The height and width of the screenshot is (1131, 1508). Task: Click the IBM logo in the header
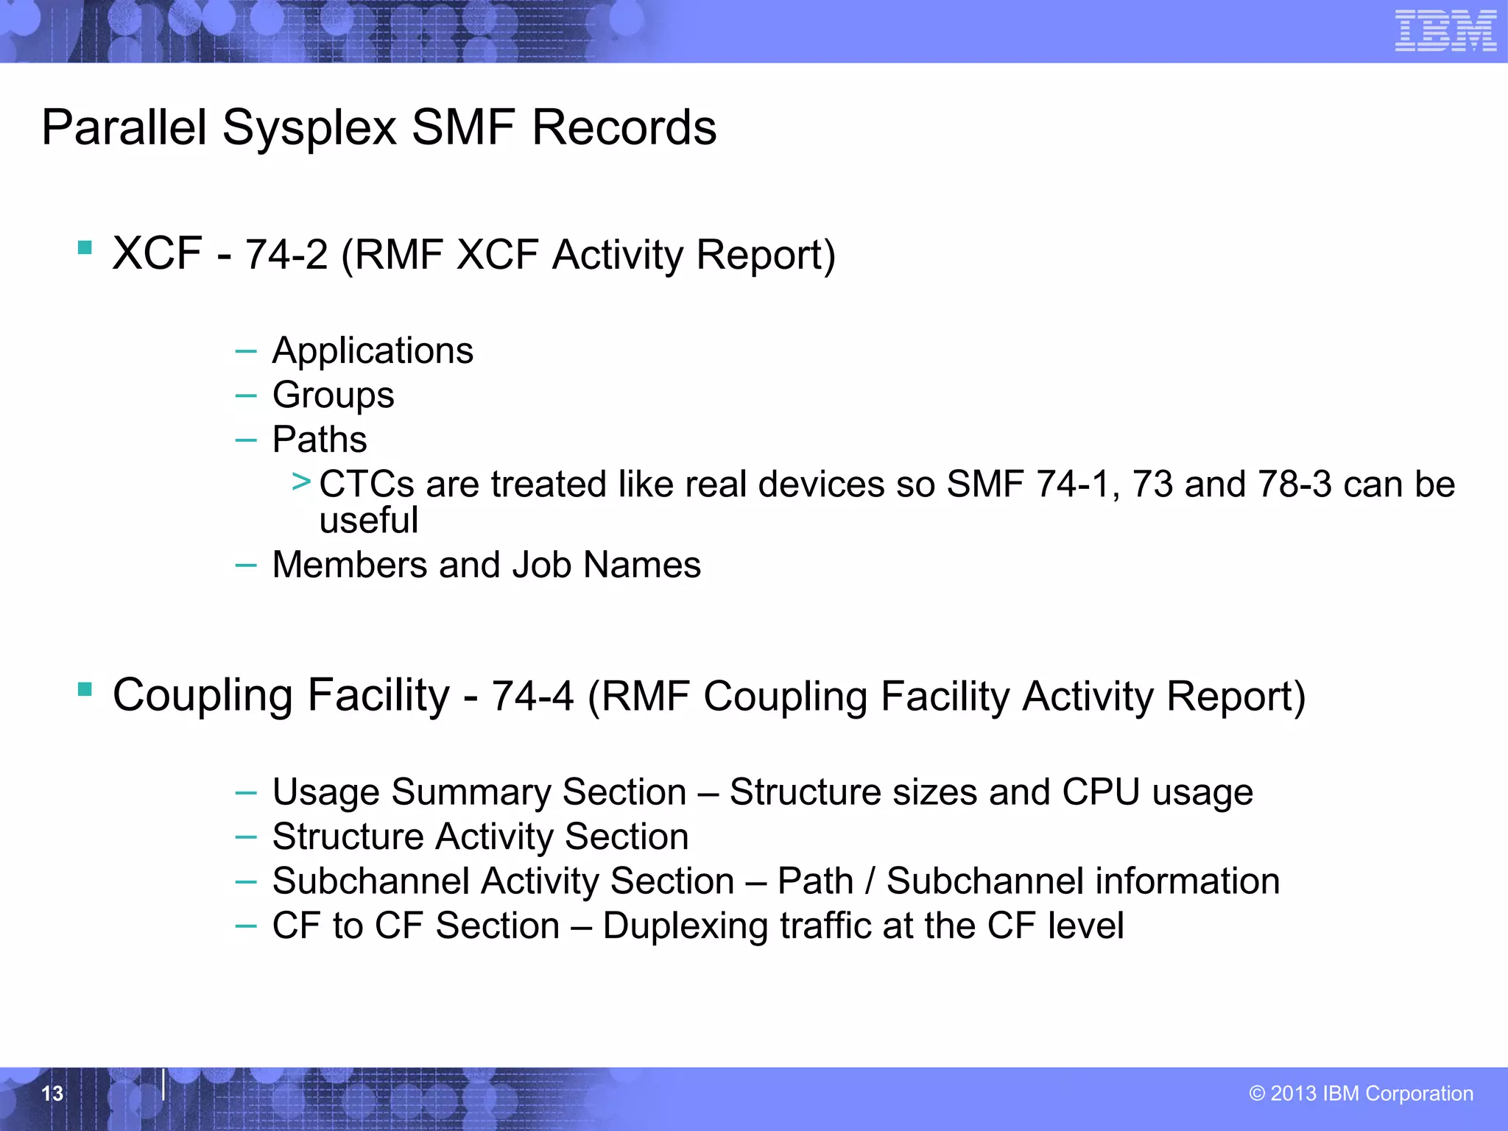click(1445, 31)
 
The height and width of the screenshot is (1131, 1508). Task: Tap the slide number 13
click(52, 1093)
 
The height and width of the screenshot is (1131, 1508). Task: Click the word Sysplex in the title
click(309, 128)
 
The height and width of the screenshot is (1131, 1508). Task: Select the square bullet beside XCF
click(85, 247)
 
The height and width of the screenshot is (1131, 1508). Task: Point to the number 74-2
click(286, 256)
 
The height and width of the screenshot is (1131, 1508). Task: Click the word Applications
click(373, 350)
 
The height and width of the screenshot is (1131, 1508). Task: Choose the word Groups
click(333, 395)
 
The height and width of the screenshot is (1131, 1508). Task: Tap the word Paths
click(320, 440)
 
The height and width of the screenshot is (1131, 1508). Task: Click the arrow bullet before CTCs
click(301, 482)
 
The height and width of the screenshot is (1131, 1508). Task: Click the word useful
click(368, 520)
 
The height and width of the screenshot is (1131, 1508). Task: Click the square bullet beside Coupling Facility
click(85, 689)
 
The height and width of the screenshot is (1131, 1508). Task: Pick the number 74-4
click(532, 697)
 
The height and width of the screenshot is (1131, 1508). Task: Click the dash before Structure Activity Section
click(245, 837)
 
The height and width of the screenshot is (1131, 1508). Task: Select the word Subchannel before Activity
click(370, 881)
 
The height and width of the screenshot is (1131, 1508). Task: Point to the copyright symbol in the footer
click(1257, 1093)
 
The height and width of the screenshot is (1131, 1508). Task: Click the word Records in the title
click(624, 128)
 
